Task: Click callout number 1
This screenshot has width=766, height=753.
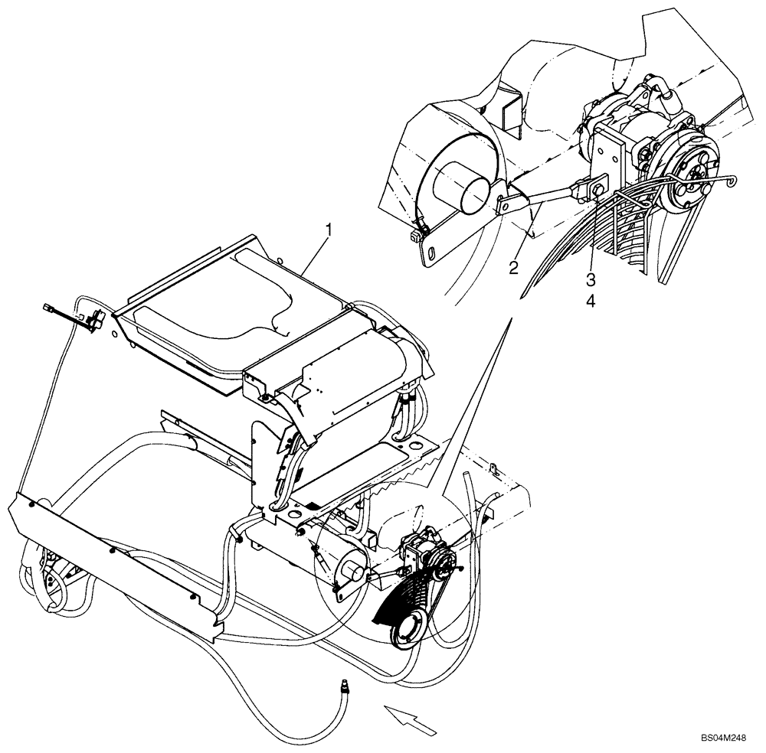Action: point(329,228)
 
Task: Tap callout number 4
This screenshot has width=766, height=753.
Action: point(591,301)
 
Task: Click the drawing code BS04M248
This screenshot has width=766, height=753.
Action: point(722,738)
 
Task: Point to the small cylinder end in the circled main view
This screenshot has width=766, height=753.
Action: point(353,569)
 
